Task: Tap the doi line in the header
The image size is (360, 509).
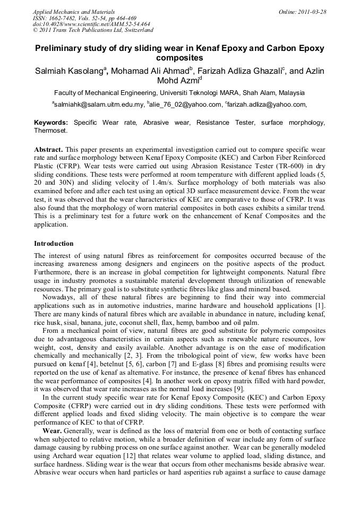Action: (91, 24)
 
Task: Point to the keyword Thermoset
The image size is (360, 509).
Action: (50, 130)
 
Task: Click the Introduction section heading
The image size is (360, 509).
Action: (54, 244)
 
